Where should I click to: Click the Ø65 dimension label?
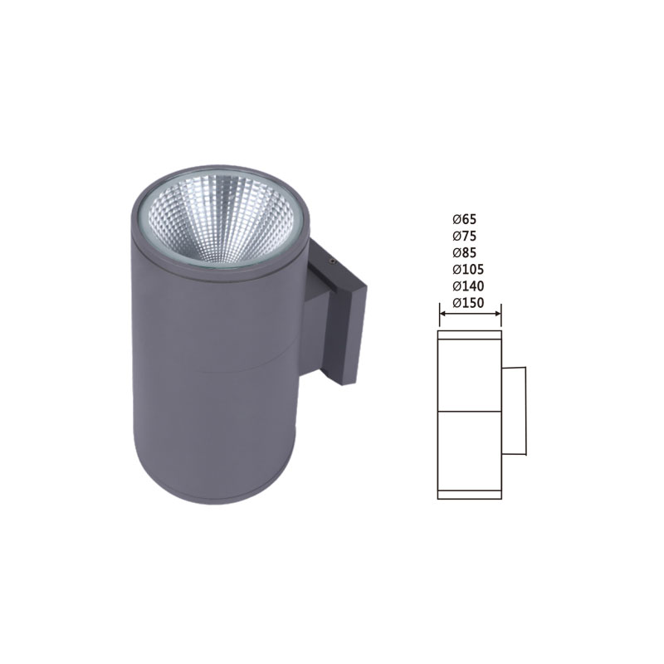tap(464, 219)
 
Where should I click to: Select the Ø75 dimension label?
tap(464, 236)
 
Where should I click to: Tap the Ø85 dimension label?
tap(464, 253)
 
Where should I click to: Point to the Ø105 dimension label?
tap(468, 269)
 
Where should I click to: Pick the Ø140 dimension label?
tap(468, 286)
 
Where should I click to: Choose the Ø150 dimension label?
tap(468, 303)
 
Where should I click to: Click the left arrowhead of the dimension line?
tap(443, 314)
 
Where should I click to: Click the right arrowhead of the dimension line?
tap(497, 314)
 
